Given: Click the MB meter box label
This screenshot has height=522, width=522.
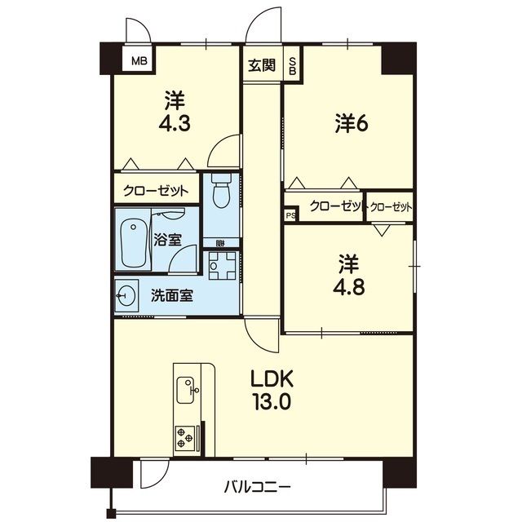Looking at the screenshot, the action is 139,61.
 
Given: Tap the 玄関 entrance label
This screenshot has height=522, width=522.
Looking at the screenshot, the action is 263,64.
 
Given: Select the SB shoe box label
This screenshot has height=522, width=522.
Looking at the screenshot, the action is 292,66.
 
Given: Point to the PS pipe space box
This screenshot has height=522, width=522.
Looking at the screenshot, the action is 291,215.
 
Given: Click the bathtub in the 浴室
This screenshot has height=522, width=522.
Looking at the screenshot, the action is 134,242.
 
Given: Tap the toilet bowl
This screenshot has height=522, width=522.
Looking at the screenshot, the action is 221,191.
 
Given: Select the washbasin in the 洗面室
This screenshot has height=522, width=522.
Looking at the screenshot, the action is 125,295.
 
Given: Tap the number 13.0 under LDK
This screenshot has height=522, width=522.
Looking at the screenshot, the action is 272,401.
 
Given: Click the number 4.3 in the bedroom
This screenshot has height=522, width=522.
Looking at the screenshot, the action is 175,123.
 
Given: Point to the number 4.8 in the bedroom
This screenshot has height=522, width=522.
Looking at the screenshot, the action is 348,286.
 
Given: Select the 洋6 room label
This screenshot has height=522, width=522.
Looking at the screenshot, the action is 352,124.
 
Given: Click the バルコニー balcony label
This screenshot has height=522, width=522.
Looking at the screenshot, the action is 257,489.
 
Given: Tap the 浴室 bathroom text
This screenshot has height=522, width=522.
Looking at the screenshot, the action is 167,240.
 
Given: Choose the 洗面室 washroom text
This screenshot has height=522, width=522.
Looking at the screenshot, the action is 172,295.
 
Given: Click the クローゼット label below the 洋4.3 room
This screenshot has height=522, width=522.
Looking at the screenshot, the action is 156,191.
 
